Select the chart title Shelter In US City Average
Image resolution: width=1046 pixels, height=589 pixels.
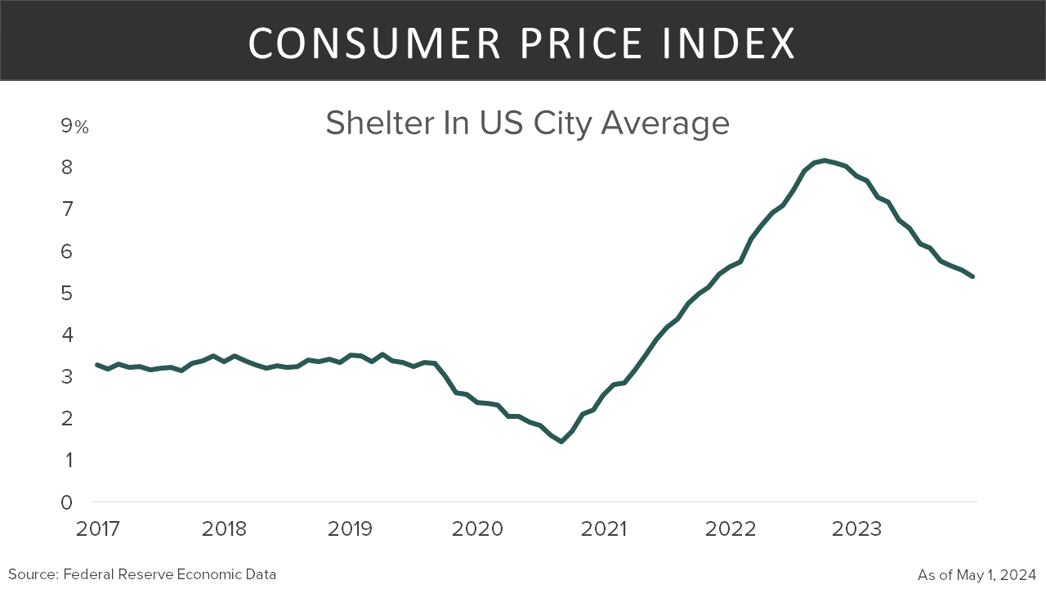click(x=527, y=124)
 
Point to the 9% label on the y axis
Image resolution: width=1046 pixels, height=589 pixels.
click(x=74, y=126)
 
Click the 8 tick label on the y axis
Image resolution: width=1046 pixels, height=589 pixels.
click(x=67, y=168)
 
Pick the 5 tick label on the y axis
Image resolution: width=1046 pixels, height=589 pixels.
click(x=67, y=293)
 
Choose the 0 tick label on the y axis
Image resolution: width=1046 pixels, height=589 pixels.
click(x=67, y=502)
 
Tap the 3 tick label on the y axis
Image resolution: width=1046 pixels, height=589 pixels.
click(x=67, y=377)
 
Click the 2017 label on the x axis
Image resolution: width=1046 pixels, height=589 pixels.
click(x=98, y=529)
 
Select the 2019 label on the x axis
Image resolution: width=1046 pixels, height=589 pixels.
click(x=351, y=529)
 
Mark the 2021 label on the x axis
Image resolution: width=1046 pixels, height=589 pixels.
click(x=603, y=529)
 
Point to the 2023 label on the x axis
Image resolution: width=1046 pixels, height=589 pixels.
click(x=856, y=529)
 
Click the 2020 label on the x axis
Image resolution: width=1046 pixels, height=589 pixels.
click(x=477, y=529)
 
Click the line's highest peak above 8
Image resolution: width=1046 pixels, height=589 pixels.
click(x=825, y=160)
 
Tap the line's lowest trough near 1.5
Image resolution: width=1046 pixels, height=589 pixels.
click(x=561, y=441)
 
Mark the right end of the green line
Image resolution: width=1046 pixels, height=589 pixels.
click(x=972, y=277)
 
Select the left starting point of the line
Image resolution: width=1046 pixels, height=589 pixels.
click(x=97, y=365)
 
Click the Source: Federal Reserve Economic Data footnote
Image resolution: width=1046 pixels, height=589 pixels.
click(x=142, y=574)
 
